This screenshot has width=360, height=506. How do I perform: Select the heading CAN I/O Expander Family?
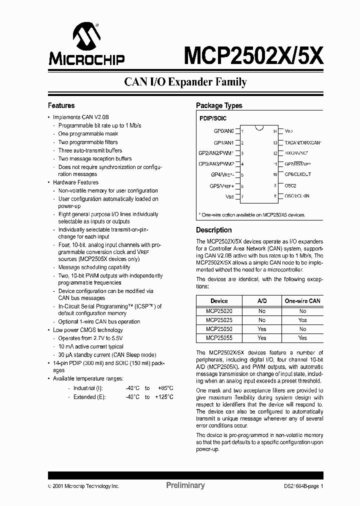point(185,82)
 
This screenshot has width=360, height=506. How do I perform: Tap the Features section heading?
point(61,105)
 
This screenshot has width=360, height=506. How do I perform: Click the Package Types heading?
point(219,105)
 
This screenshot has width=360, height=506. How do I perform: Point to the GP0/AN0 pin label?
point(222,131)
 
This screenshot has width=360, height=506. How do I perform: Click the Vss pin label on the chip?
point(229,196)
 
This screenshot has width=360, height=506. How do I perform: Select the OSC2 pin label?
point(291,185)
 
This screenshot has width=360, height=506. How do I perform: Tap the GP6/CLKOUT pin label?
point(297,174)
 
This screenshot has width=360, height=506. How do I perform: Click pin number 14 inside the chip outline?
point(275,131)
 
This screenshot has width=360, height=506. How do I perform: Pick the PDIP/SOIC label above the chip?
point(213,118)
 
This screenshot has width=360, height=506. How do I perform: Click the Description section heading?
point(213,230)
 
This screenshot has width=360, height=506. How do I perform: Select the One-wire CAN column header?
point(302,301)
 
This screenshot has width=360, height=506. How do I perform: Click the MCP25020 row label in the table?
point(219,311)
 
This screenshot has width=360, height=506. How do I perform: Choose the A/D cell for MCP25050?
point(262,329)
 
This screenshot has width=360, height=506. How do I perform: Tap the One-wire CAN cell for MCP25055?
point(302,338)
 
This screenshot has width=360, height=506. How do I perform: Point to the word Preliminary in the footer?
point(185,485)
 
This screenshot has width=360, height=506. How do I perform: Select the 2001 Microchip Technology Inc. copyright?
point(83,486)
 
